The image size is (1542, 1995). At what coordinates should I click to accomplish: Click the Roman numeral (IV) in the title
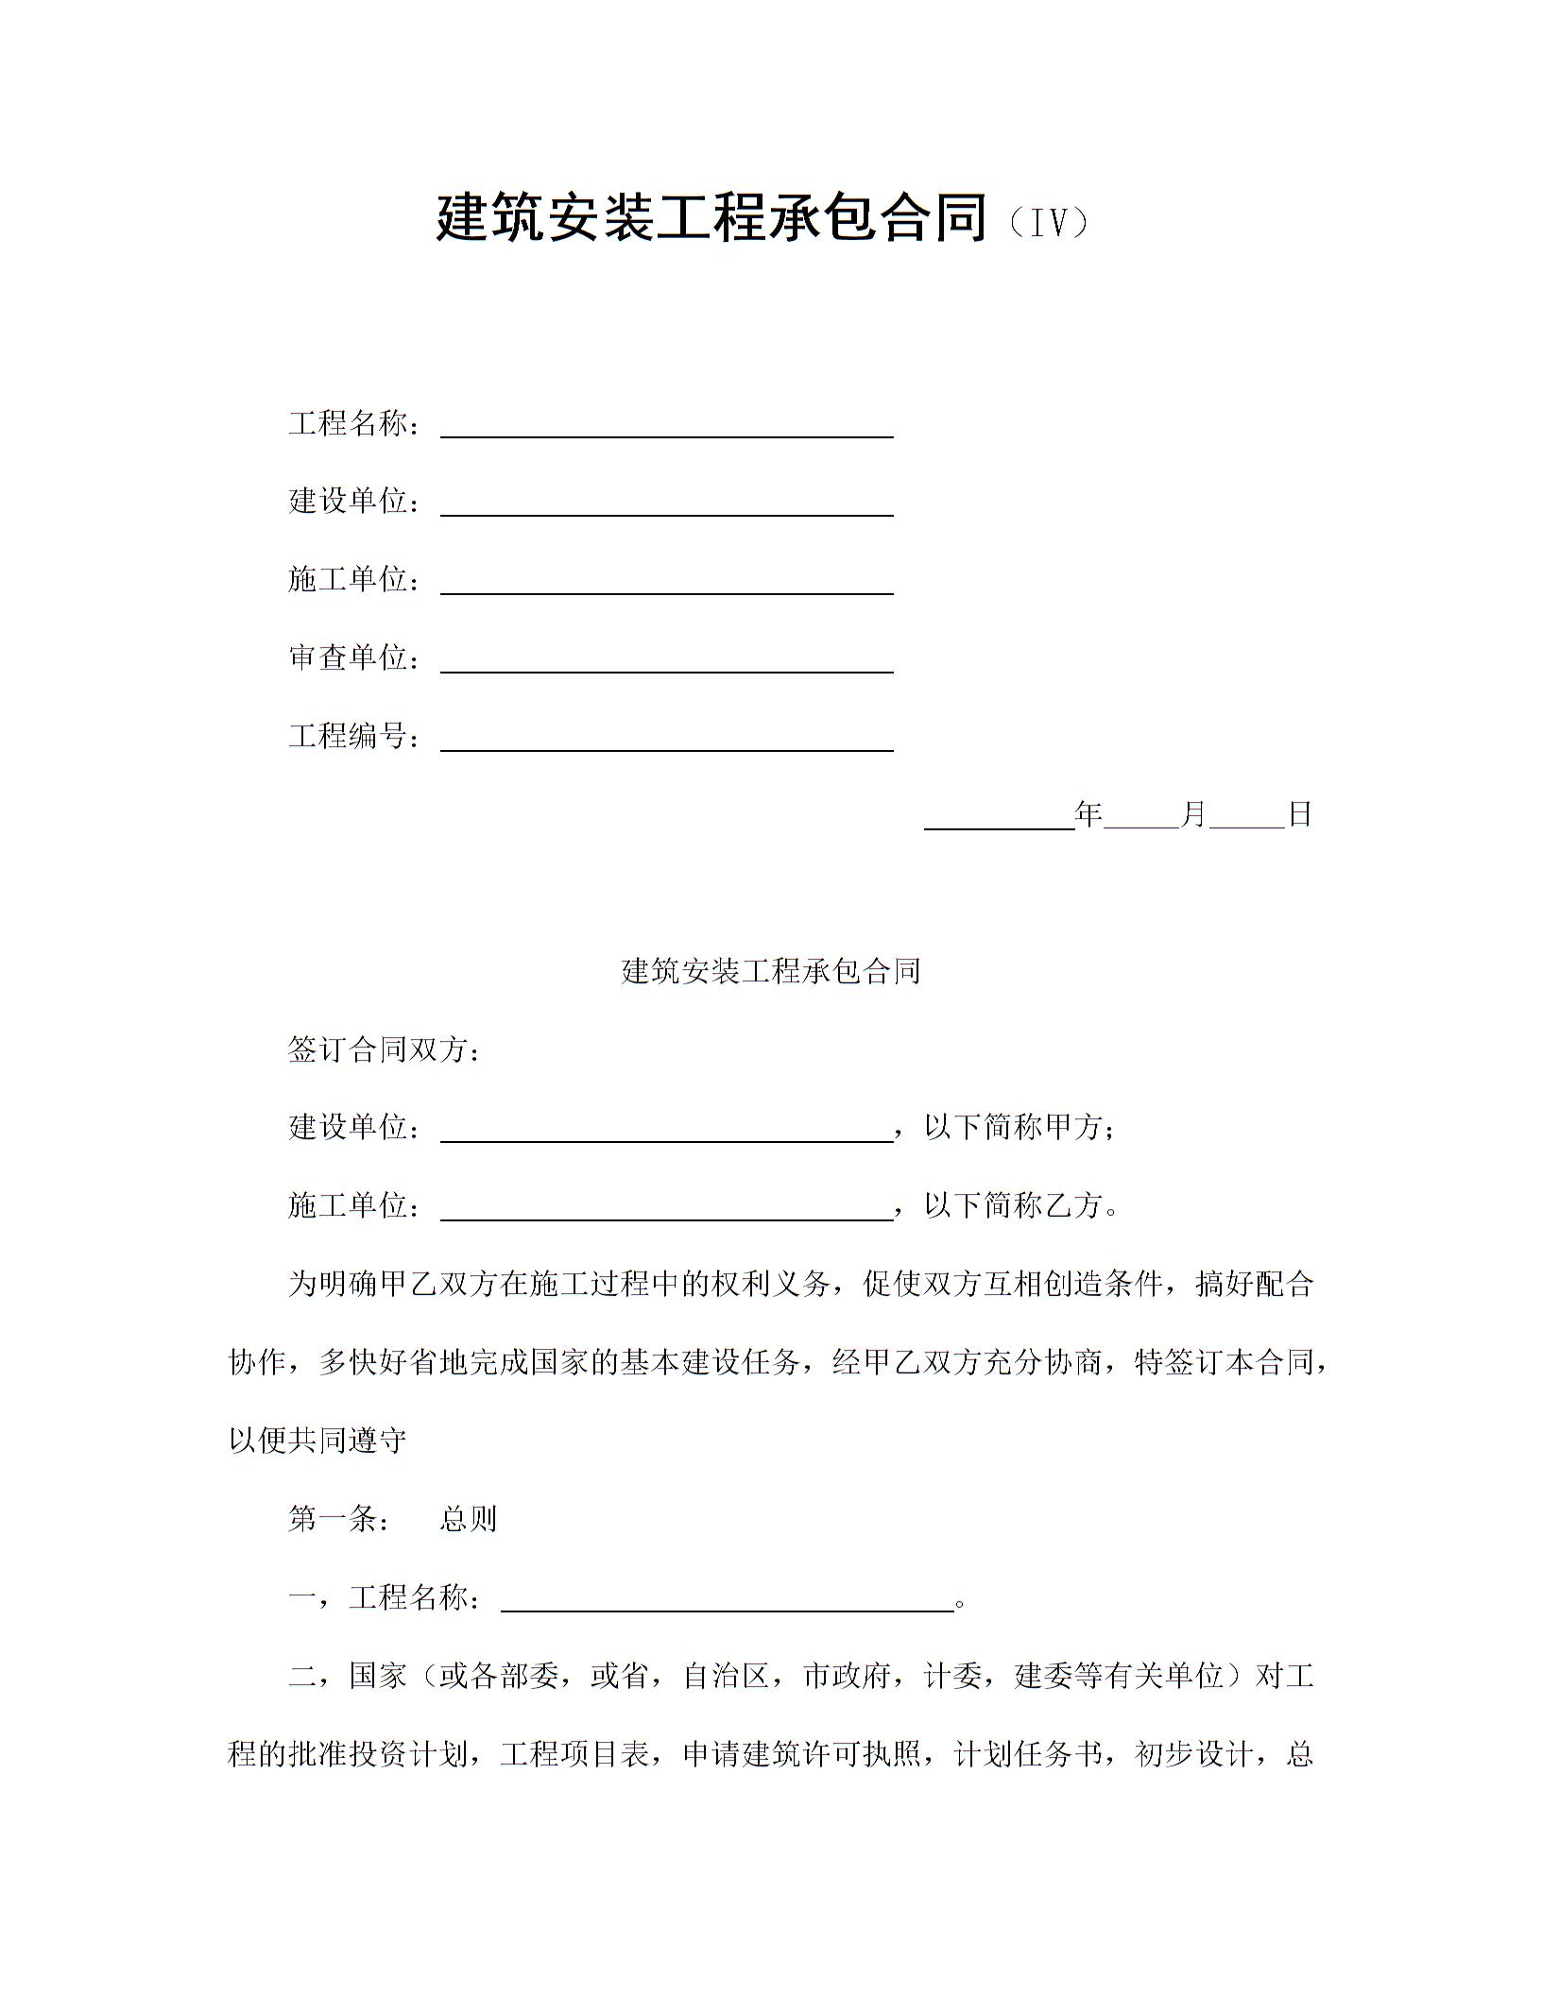tap(1048, 223)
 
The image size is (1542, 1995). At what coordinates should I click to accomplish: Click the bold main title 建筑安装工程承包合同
tap(711, 218)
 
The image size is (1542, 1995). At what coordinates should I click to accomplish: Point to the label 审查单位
tap(347, 656)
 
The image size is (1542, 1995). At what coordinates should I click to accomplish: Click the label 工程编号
tap(347, 735)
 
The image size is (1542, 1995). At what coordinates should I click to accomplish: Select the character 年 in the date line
tap(1089, 813)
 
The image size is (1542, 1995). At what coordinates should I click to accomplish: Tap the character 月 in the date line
tap(1194, 813)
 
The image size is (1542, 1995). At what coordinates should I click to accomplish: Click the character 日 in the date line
tap(1300, 813)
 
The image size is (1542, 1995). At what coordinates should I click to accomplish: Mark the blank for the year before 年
tap(999, 819)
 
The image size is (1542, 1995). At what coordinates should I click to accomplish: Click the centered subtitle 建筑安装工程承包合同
tap(770, 970)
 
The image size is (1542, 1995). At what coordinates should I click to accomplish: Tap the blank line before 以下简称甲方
tap(667, 1133)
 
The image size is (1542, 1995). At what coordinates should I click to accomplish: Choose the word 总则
tap(468, 1519)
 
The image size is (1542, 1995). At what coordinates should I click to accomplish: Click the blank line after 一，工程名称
tap(727, 1603)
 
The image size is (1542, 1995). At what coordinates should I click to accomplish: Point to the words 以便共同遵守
tap(317, 1441)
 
